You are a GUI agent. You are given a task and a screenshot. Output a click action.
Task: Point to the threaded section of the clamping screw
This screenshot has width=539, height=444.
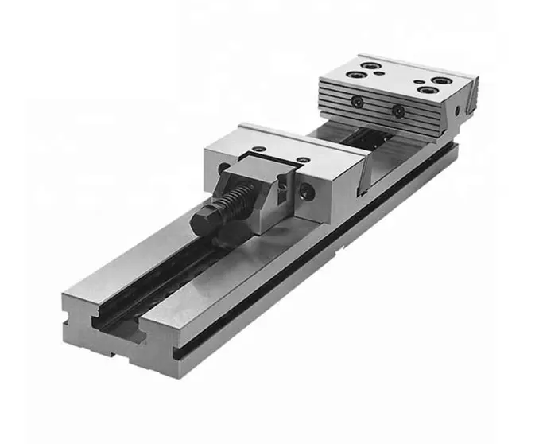click(235, 199)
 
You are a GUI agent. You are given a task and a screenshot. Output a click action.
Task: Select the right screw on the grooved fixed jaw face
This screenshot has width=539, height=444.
click(398, 111)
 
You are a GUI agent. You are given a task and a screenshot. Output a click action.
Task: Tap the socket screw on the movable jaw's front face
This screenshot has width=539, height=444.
click(308, 190)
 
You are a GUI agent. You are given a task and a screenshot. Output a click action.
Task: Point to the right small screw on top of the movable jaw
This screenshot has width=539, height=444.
click(304, 160)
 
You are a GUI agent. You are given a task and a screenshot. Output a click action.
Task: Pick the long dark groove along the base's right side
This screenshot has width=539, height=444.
click(318, 263)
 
